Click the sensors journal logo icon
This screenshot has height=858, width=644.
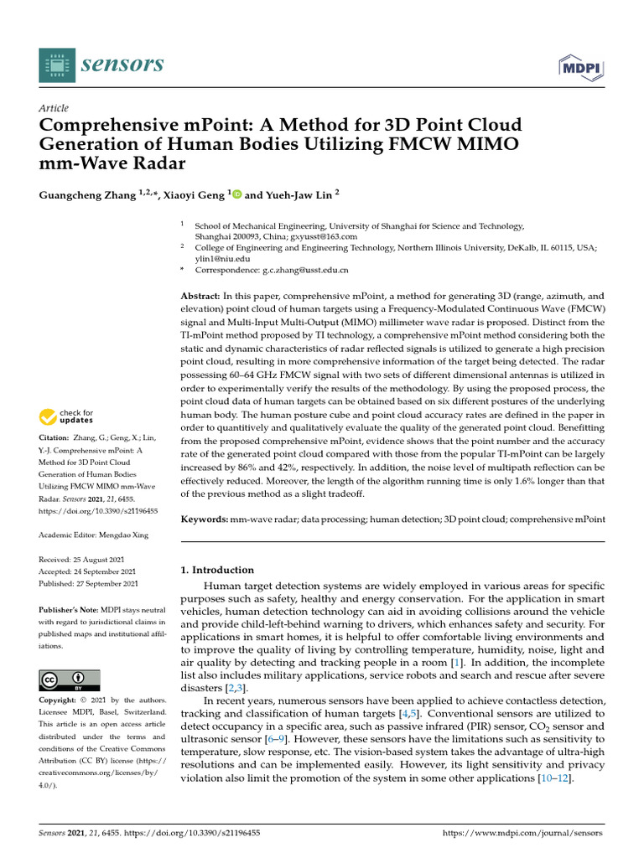57,65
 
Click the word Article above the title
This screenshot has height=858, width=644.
54,108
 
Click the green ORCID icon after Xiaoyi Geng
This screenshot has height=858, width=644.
236,194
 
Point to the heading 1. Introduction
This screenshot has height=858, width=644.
217,570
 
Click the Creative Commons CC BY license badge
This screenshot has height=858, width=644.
70,680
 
